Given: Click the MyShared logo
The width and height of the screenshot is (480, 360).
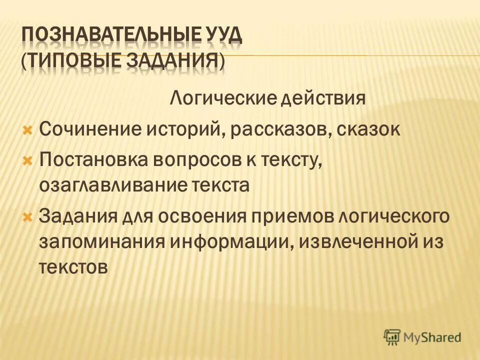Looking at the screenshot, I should [422, 337].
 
